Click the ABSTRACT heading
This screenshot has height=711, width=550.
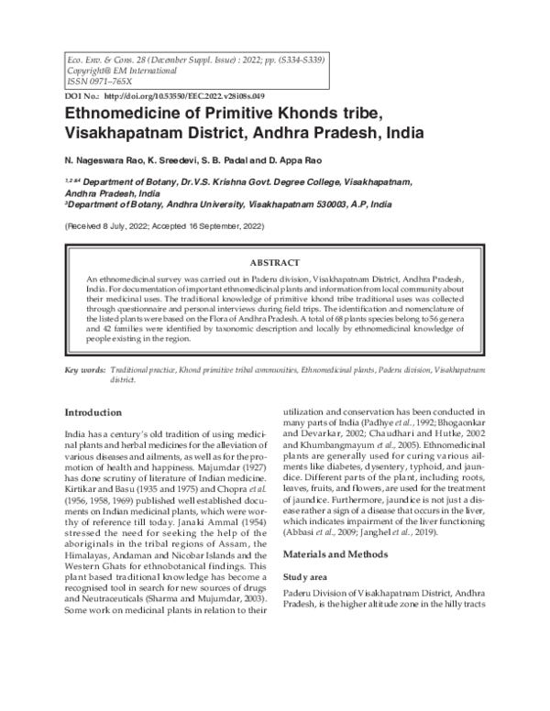tap(274, 261)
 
